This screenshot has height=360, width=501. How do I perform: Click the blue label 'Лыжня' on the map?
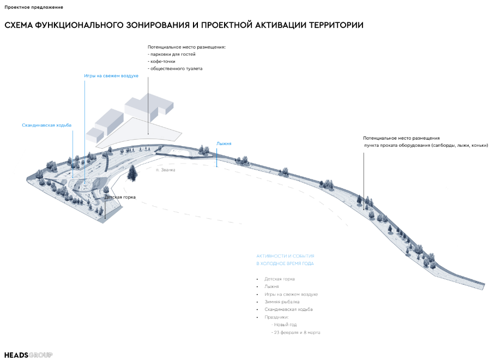(224, 143)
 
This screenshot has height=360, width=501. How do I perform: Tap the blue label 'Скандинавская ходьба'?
(46, 125)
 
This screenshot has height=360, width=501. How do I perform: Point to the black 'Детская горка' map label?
(120, 197)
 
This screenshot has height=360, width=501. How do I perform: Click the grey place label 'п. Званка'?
(166, 170)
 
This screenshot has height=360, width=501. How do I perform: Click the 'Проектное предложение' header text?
(34, 7)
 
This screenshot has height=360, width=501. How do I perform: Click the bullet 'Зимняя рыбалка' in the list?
(282, 302)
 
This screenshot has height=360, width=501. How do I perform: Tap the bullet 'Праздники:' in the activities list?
(276, 317)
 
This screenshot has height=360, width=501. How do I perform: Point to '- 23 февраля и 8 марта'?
(295, 332)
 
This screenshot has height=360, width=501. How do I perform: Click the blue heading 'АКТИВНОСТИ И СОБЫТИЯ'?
(285, 256)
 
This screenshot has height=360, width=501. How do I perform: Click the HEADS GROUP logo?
(28, 355)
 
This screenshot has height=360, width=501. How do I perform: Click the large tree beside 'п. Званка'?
(132, 172)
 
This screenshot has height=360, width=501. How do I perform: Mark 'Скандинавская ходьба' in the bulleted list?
(288, 309)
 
